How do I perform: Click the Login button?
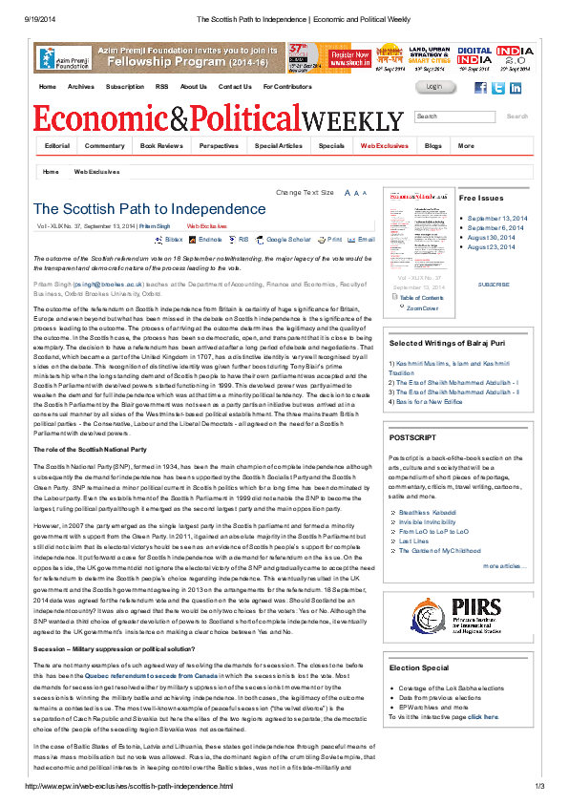pos(434,87)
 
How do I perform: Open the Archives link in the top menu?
pos(81,87)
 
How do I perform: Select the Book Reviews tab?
pos(160,146)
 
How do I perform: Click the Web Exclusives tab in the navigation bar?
pos(384,146)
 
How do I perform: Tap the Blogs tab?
pos(433,146)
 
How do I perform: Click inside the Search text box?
pos(454,117)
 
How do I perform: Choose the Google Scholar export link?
pos(288,240)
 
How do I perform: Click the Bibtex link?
pos(174,240)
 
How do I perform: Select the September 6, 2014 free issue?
pos(497,228)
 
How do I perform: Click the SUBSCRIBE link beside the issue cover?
pos(493,285)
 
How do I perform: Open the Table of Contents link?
pos(420,298)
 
